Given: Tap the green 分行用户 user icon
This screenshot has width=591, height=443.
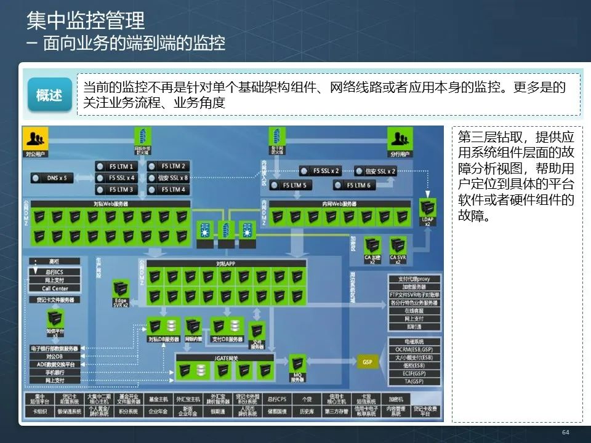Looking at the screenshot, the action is (400, 138).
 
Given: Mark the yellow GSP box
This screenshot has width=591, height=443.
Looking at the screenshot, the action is (368, 362).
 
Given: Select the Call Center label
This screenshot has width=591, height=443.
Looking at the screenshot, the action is (55, 288).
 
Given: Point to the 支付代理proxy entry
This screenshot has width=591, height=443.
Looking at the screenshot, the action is (414, 279).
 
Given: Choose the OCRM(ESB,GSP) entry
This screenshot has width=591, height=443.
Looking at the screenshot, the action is (414, 349).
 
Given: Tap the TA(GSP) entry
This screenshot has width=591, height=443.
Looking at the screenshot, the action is (414, 381).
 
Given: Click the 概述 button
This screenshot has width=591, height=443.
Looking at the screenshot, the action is (49, 95).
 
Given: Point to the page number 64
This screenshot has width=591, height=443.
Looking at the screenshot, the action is (566, 433).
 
